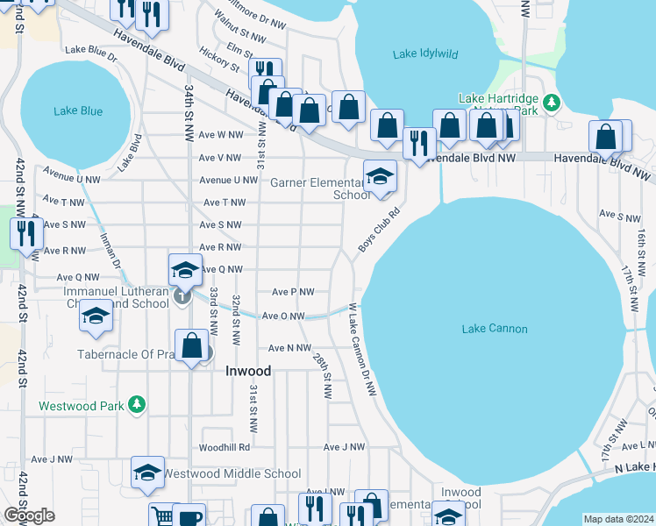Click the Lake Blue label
(x=78, y=111)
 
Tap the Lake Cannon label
(x=495, y=329)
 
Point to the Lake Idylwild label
(x=425, y=54)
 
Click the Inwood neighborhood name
(x=248, y=371)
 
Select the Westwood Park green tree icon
(x=136, y=404)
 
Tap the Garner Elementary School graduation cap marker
(x=380, y=177)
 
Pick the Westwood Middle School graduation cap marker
(x=148, y=473)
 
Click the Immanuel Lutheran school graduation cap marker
(x=185, y=269)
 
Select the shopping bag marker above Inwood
(x=191, y=346)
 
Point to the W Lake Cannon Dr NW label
(x=361, y=349)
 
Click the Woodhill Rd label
(x=225, y=447)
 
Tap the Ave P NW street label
(x=293, y=292)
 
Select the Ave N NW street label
(x=289, y=348)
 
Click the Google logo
(x=29, y=515)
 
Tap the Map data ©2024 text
(x=618, y=519)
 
